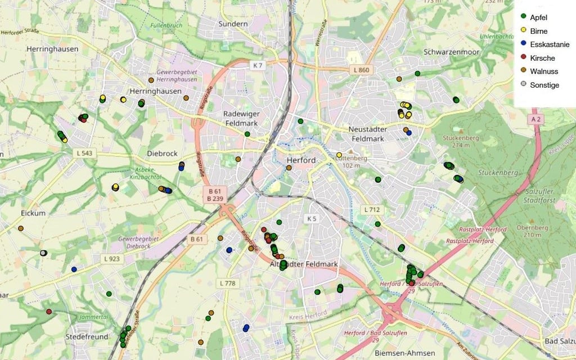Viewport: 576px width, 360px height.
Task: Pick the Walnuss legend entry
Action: click(539, 71)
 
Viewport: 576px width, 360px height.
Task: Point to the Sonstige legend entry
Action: click(540, 85)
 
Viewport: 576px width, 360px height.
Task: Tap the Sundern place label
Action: click(233, 24)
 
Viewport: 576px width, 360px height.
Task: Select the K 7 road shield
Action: click(258, 66)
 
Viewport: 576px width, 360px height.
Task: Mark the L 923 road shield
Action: click(112, 259)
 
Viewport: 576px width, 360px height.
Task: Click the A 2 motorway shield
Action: click(535, 120)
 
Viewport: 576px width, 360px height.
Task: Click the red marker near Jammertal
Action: click(49, 312)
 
